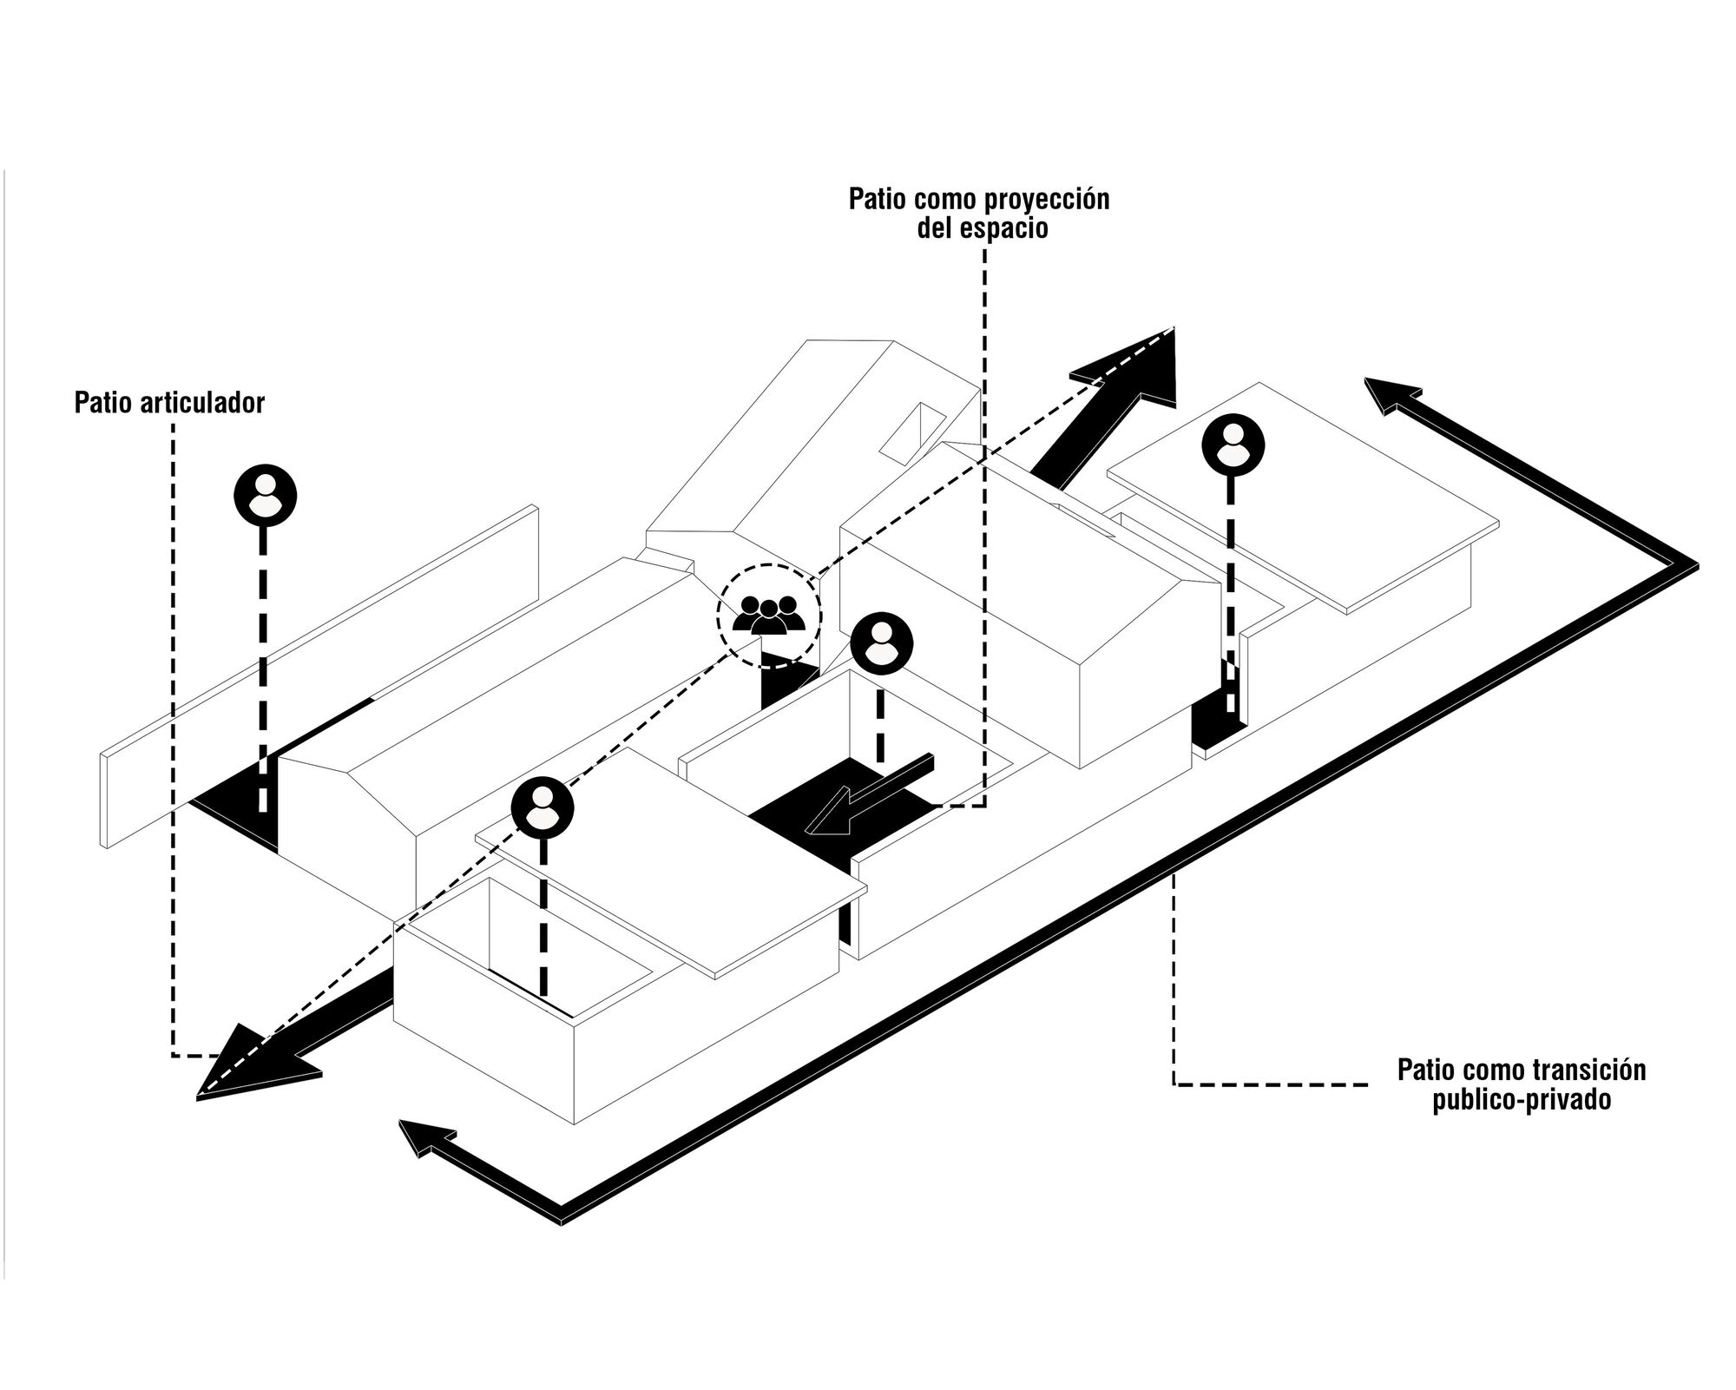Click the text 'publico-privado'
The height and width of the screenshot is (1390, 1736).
[x=1522, y=1099]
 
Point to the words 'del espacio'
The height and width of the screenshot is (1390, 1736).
[x=982, y=228]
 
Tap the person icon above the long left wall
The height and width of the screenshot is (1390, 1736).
[x=265, y=496]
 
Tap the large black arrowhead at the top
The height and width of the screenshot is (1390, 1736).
[x=1137, y=366]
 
